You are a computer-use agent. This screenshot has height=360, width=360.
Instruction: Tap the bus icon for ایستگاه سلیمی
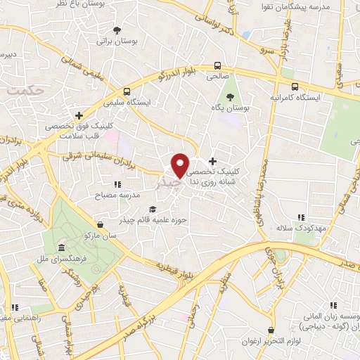point(126,91)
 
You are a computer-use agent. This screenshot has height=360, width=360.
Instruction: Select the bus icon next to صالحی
point(218,67)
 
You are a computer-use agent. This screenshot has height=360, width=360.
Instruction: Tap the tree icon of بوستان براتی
point(117,30)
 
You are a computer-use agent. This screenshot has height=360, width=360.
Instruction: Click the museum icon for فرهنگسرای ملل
point(62,249)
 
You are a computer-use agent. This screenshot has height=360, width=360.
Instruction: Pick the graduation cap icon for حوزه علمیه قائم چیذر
point(153,209)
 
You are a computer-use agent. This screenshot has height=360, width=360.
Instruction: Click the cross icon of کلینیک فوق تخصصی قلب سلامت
point(79,115)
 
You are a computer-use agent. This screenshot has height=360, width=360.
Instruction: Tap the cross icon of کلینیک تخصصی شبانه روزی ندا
point(212,161)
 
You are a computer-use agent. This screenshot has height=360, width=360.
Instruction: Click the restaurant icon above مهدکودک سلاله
point(301,217)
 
